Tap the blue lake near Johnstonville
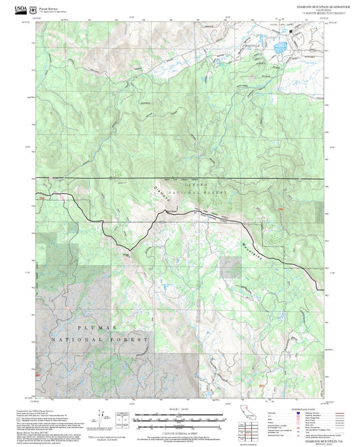pos(278,47)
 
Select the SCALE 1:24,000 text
pos(179,409)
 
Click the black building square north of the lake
pos(290,32)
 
